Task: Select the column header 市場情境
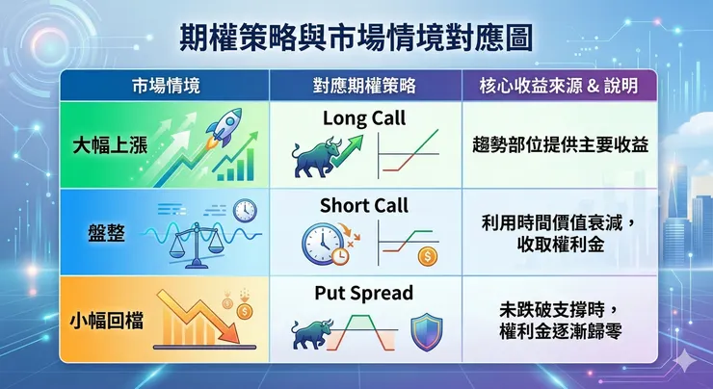click(x=165, y=86)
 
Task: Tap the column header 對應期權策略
click(x=365, y=86)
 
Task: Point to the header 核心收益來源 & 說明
click(x=558, y=86)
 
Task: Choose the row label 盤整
click(x=105, y=233)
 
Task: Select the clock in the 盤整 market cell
click(x=244, y=209)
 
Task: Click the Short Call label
click(x=364, y=205)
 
